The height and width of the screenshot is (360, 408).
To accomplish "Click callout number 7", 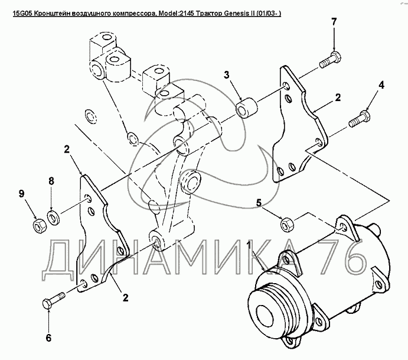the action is tap(334, 22).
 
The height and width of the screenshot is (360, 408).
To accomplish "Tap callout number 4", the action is tap(381, 85).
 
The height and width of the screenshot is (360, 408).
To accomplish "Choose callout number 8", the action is tap(52, 181).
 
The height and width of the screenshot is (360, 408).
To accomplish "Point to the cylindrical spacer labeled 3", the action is tap(247, 108).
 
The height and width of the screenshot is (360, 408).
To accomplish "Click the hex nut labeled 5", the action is tap(288, 223).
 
